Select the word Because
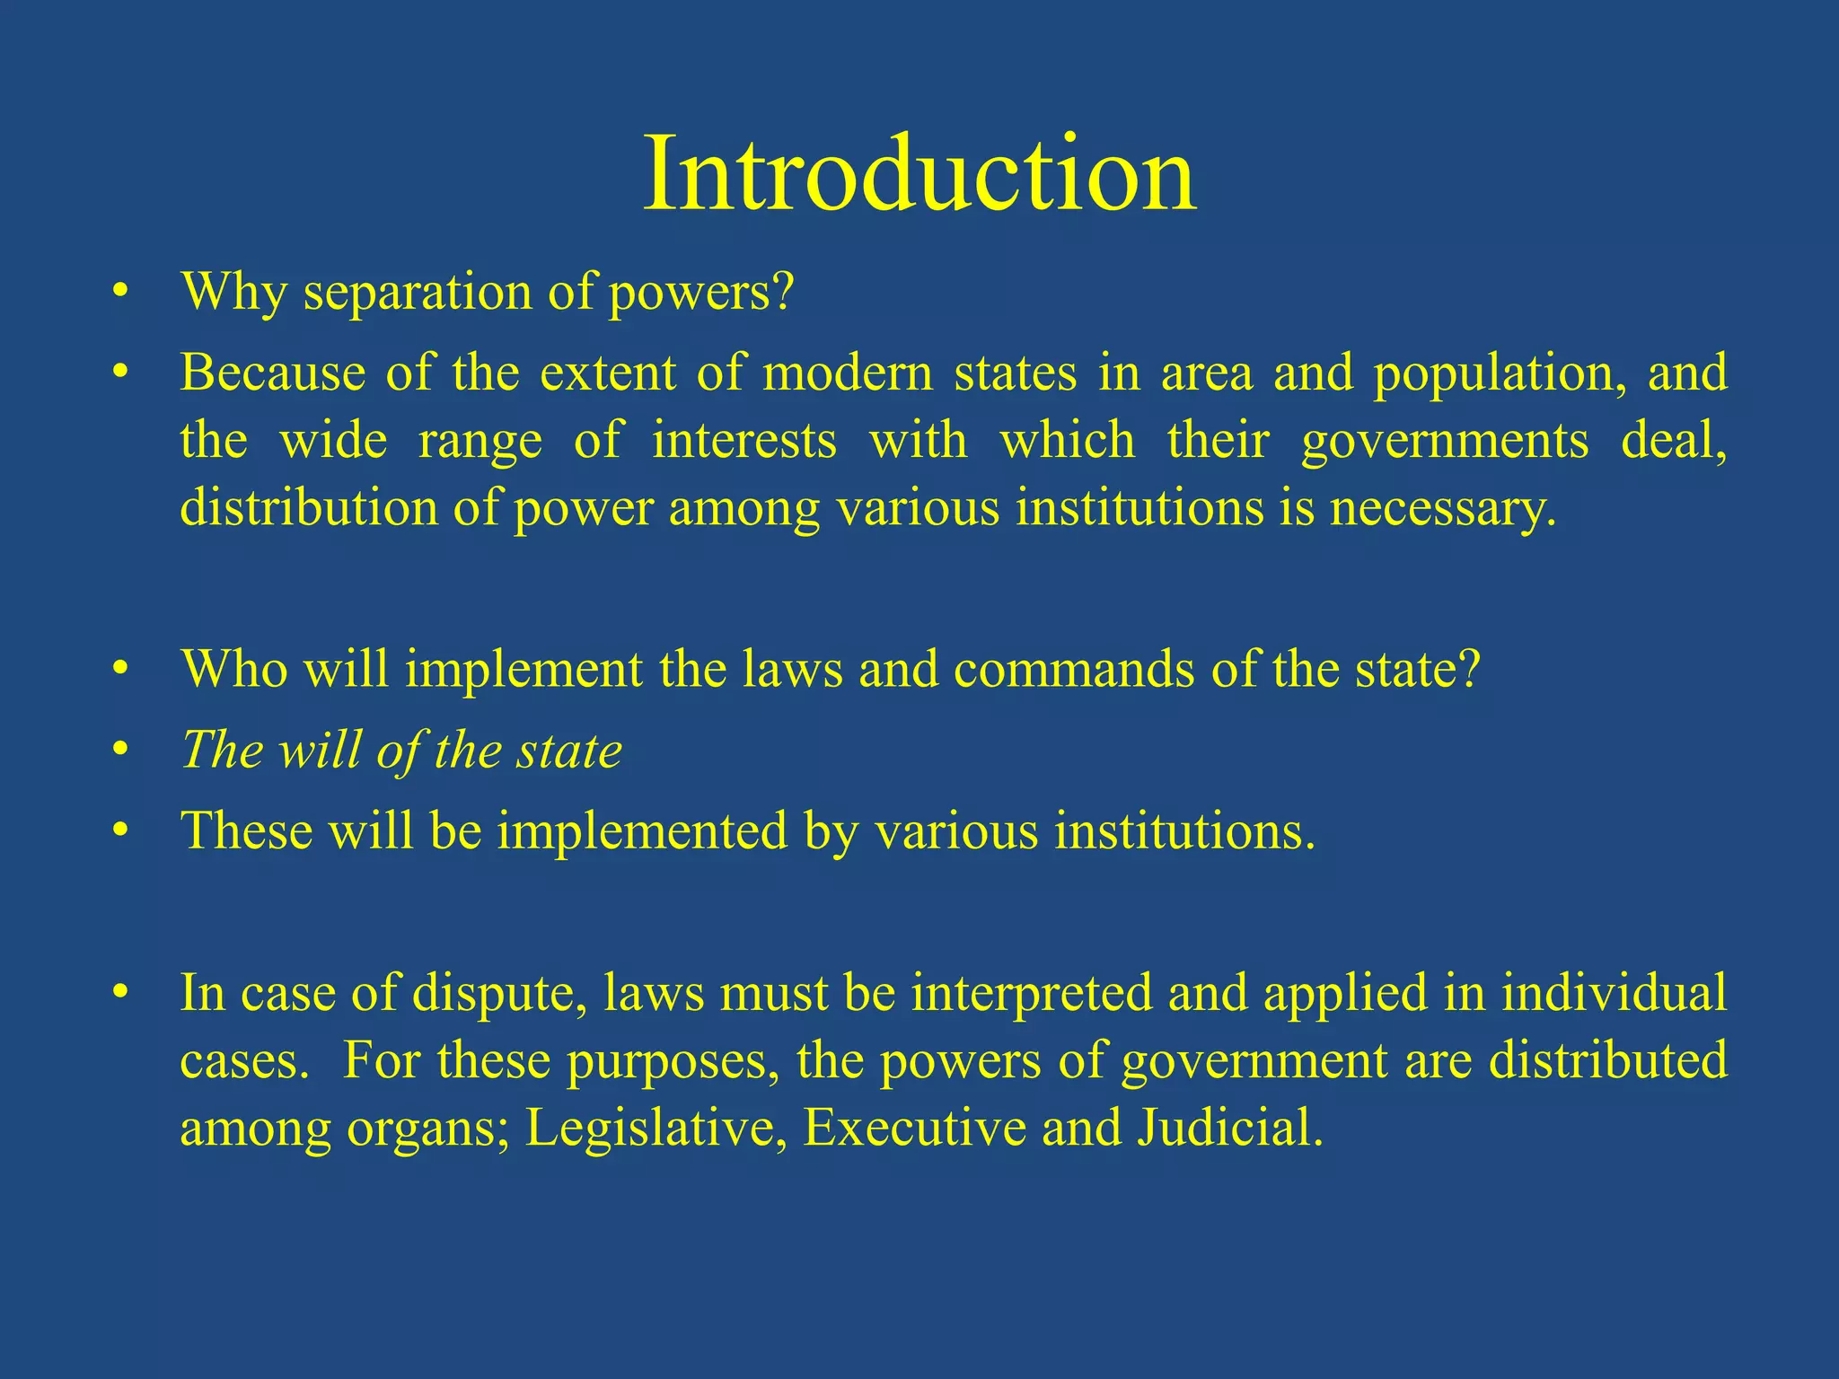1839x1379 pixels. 272,372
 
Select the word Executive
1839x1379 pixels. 913,1128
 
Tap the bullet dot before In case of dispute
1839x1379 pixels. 121,994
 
